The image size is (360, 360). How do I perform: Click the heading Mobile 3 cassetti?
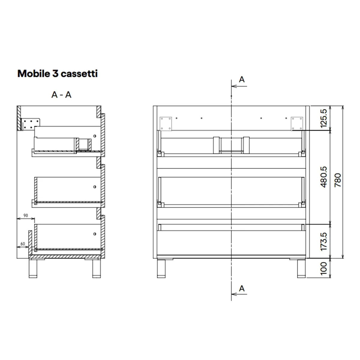click(58, 73)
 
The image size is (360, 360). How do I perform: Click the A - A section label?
click(61, 95)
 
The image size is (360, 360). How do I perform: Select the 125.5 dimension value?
click(324, 118)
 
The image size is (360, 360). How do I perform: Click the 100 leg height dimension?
click(324, 268)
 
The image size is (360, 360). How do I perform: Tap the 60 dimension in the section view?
click(22, 244)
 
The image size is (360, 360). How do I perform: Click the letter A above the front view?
click(241, 79)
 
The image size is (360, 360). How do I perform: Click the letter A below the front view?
click(241, 289)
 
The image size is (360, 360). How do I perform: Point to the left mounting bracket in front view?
click(166, 124)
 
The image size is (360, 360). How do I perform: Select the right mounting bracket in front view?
click(297, 124)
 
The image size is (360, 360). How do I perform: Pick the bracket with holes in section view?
click(31, 124)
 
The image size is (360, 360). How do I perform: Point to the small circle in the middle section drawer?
click(95, 187)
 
